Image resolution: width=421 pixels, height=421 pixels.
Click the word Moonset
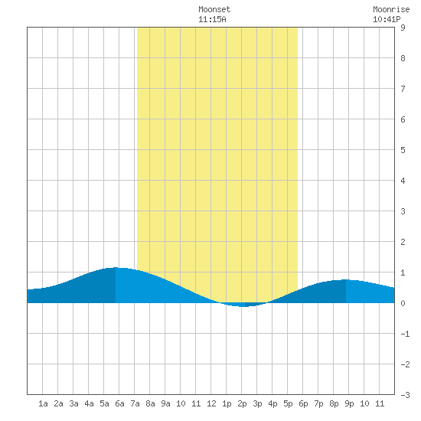(x=214, y=9)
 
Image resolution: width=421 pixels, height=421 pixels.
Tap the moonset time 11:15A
(x=212, y=19)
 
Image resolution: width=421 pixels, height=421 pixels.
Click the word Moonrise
(x=391, y=9)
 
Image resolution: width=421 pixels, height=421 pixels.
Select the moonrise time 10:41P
(x=387, y=19)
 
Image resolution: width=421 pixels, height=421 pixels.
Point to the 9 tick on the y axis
(x=403, y=28)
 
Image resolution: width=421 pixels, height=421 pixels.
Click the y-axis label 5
(x=403, y=150)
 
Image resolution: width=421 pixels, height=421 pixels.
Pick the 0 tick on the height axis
(x=403, y=303)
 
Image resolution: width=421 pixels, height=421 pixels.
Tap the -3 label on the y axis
(x=405, y=395)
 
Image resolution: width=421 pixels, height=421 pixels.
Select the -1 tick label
(x=405, y=334)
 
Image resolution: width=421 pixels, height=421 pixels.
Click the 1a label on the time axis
(x=43, y=403)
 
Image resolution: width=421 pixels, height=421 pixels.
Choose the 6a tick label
(x=119, y=403)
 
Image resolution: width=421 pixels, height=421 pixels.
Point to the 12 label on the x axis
(x=211, y=403)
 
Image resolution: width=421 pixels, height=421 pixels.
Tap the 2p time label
(x=242, y=403)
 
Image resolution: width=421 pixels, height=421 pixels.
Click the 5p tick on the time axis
(x=288, y=403)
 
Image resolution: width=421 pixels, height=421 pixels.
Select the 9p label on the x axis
(x=349, y=403)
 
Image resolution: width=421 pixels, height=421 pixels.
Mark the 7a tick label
(x=135, y=403)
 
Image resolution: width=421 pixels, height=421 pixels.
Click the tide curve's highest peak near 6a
(x=116, y=268)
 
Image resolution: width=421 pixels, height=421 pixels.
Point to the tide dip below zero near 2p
(x=243, y=305)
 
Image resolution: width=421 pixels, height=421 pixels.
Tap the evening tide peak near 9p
(x=346, y=280)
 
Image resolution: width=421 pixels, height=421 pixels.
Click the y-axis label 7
(x=403, y=89)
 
